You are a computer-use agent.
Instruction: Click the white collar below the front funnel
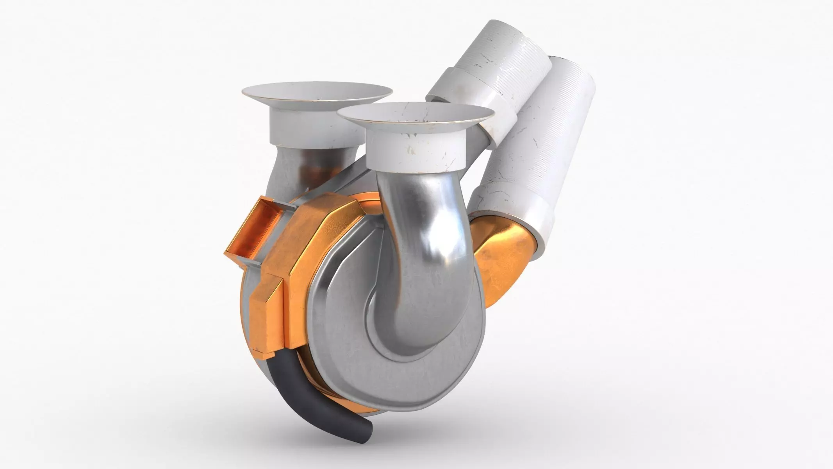416,150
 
